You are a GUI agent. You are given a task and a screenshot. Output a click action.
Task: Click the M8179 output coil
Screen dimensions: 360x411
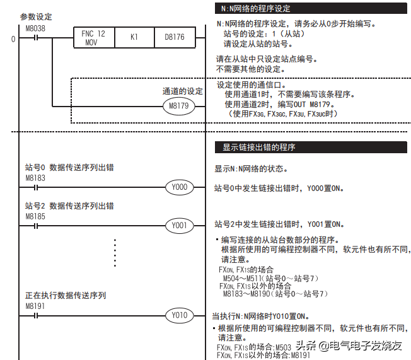179,106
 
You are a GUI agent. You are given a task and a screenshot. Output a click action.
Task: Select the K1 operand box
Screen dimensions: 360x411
134,38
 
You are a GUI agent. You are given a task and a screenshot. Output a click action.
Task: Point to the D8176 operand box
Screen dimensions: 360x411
175,38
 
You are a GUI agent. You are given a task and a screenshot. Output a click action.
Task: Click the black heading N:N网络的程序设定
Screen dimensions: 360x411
256,8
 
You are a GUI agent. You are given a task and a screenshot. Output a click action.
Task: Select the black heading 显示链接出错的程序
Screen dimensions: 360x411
259,148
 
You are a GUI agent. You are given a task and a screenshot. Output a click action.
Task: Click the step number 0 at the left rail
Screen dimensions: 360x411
13,40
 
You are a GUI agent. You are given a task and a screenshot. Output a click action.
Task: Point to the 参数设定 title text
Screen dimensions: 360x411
36,17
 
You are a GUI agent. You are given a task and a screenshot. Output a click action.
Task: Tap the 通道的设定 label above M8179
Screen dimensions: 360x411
183,91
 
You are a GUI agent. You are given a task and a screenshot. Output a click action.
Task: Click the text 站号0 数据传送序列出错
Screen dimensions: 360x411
69,169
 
